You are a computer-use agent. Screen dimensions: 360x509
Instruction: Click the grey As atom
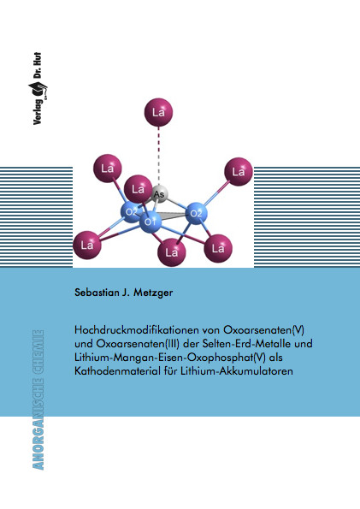(x=159, y=194)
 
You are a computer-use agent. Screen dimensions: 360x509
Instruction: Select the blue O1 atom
(x=150, y=222)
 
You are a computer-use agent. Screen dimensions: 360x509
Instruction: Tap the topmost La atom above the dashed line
(x=158, y=112)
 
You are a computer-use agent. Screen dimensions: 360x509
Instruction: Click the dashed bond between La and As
(x=159, y=157)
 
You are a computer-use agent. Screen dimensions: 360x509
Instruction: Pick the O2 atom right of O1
(x=196, y=213)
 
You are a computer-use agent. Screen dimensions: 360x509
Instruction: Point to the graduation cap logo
(x=38, y=90)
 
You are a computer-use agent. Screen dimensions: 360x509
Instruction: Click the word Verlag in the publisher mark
(x=38, y=112)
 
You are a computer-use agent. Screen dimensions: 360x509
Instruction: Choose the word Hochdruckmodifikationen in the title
(x=137, y=330)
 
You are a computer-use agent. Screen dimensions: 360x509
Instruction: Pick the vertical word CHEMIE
(x=38, y=352)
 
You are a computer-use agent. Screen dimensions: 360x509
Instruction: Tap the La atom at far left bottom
(x=87, y=245)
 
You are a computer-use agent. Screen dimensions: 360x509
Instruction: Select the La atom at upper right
(x=239, y=171)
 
